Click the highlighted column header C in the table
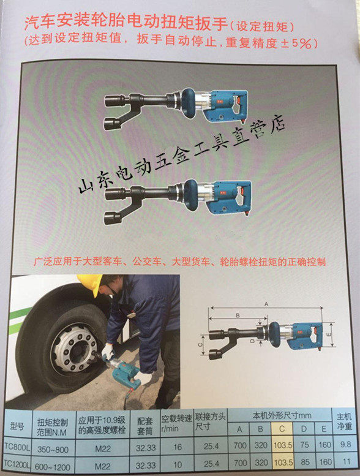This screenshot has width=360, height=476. pos(282,429)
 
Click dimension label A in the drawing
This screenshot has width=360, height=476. pos(266,304)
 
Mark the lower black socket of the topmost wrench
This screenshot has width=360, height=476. pos(114,124)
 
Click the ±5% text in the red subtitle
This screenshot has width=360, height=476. pos(298,43)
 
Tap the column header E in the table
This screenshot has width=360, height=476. pos(324,429)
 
